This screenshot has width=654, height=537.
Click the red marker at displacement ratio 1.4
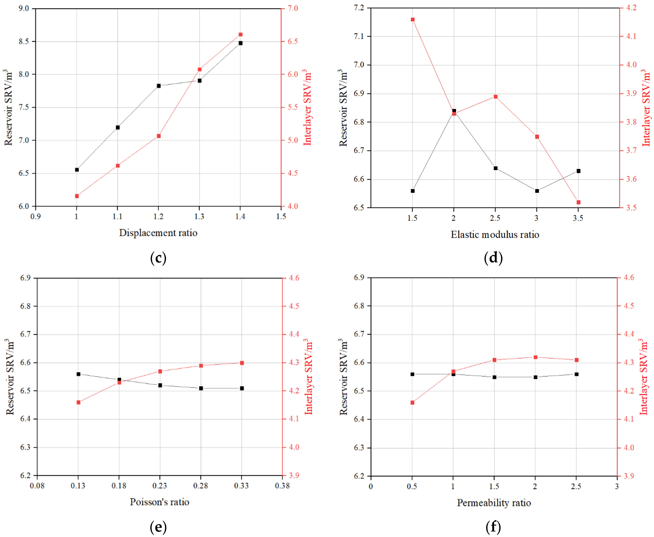[x=241, y=35]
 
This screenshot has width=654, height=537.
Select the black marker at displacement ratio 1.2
[x=159, y=86]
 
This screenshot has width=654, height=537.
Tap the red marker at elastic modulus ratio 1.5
[x=413, y=20]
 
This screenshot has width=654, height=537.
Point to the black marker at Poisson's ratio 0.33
[x=242, y=388]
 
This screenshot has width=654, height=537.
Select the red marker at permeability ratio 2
[x=535, y=357]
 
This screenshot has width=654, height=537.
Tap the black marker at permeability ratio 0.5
[x=412, y=374]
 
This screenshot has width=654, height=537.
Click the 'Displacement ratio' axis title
[x=158, y=233]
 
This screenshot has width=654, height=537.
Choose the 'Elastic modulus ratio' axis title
[x=495, y=234]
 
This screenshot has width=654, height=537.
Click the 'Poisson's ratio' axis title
[x=159, y=502]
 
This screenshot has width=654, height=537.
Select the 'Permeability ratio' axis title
[x=494, y=503]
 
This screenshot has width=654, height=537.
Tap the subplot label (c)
[x=158, y=258]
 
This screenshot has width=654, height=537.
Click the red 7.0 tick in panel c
[x=293, y=8]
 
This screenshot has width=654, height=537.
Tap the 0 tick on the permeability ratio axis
[x=371, y=486]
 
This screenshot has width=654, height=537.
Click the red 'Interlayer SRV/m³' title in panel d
[x=646, y=108]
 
